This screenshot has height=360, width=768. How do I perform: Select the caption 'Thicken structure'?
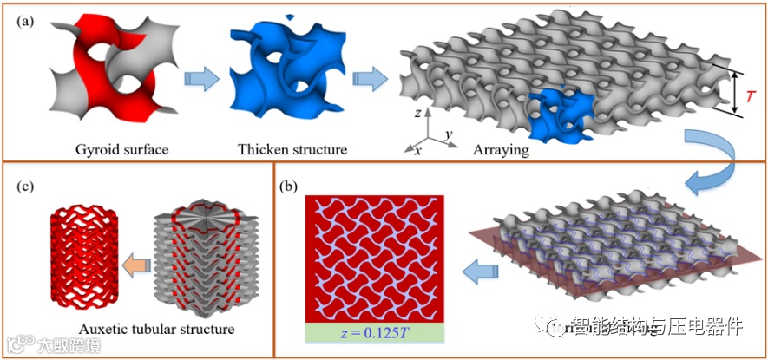(x=292, y=149)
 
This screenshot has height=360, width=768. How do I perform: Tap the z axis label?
(x=418, y=113)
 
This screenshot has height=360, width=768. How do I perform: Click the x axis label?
(x=417, y=150)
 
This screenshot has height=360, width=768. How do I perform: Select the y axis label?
(x=450, y=133)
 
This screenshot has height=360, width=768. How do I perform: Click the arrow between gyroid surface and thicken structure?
(x=198, y=79)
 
